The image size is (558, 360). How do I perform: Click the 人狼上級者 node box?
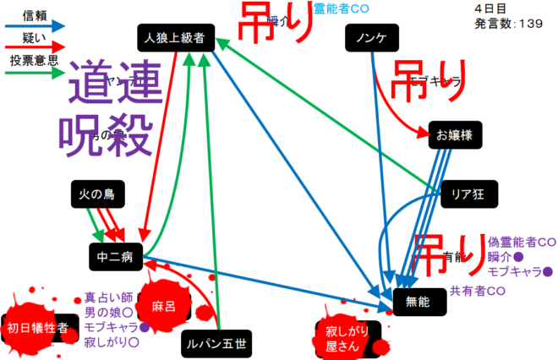coord(176,37)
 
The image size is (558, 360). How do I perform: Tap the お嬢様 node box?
coord(455,134)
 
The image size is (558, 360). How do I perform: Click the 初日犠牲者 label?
coord(37,329)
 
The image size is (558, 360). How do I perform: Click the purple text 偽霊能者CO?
coord(521,242)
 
